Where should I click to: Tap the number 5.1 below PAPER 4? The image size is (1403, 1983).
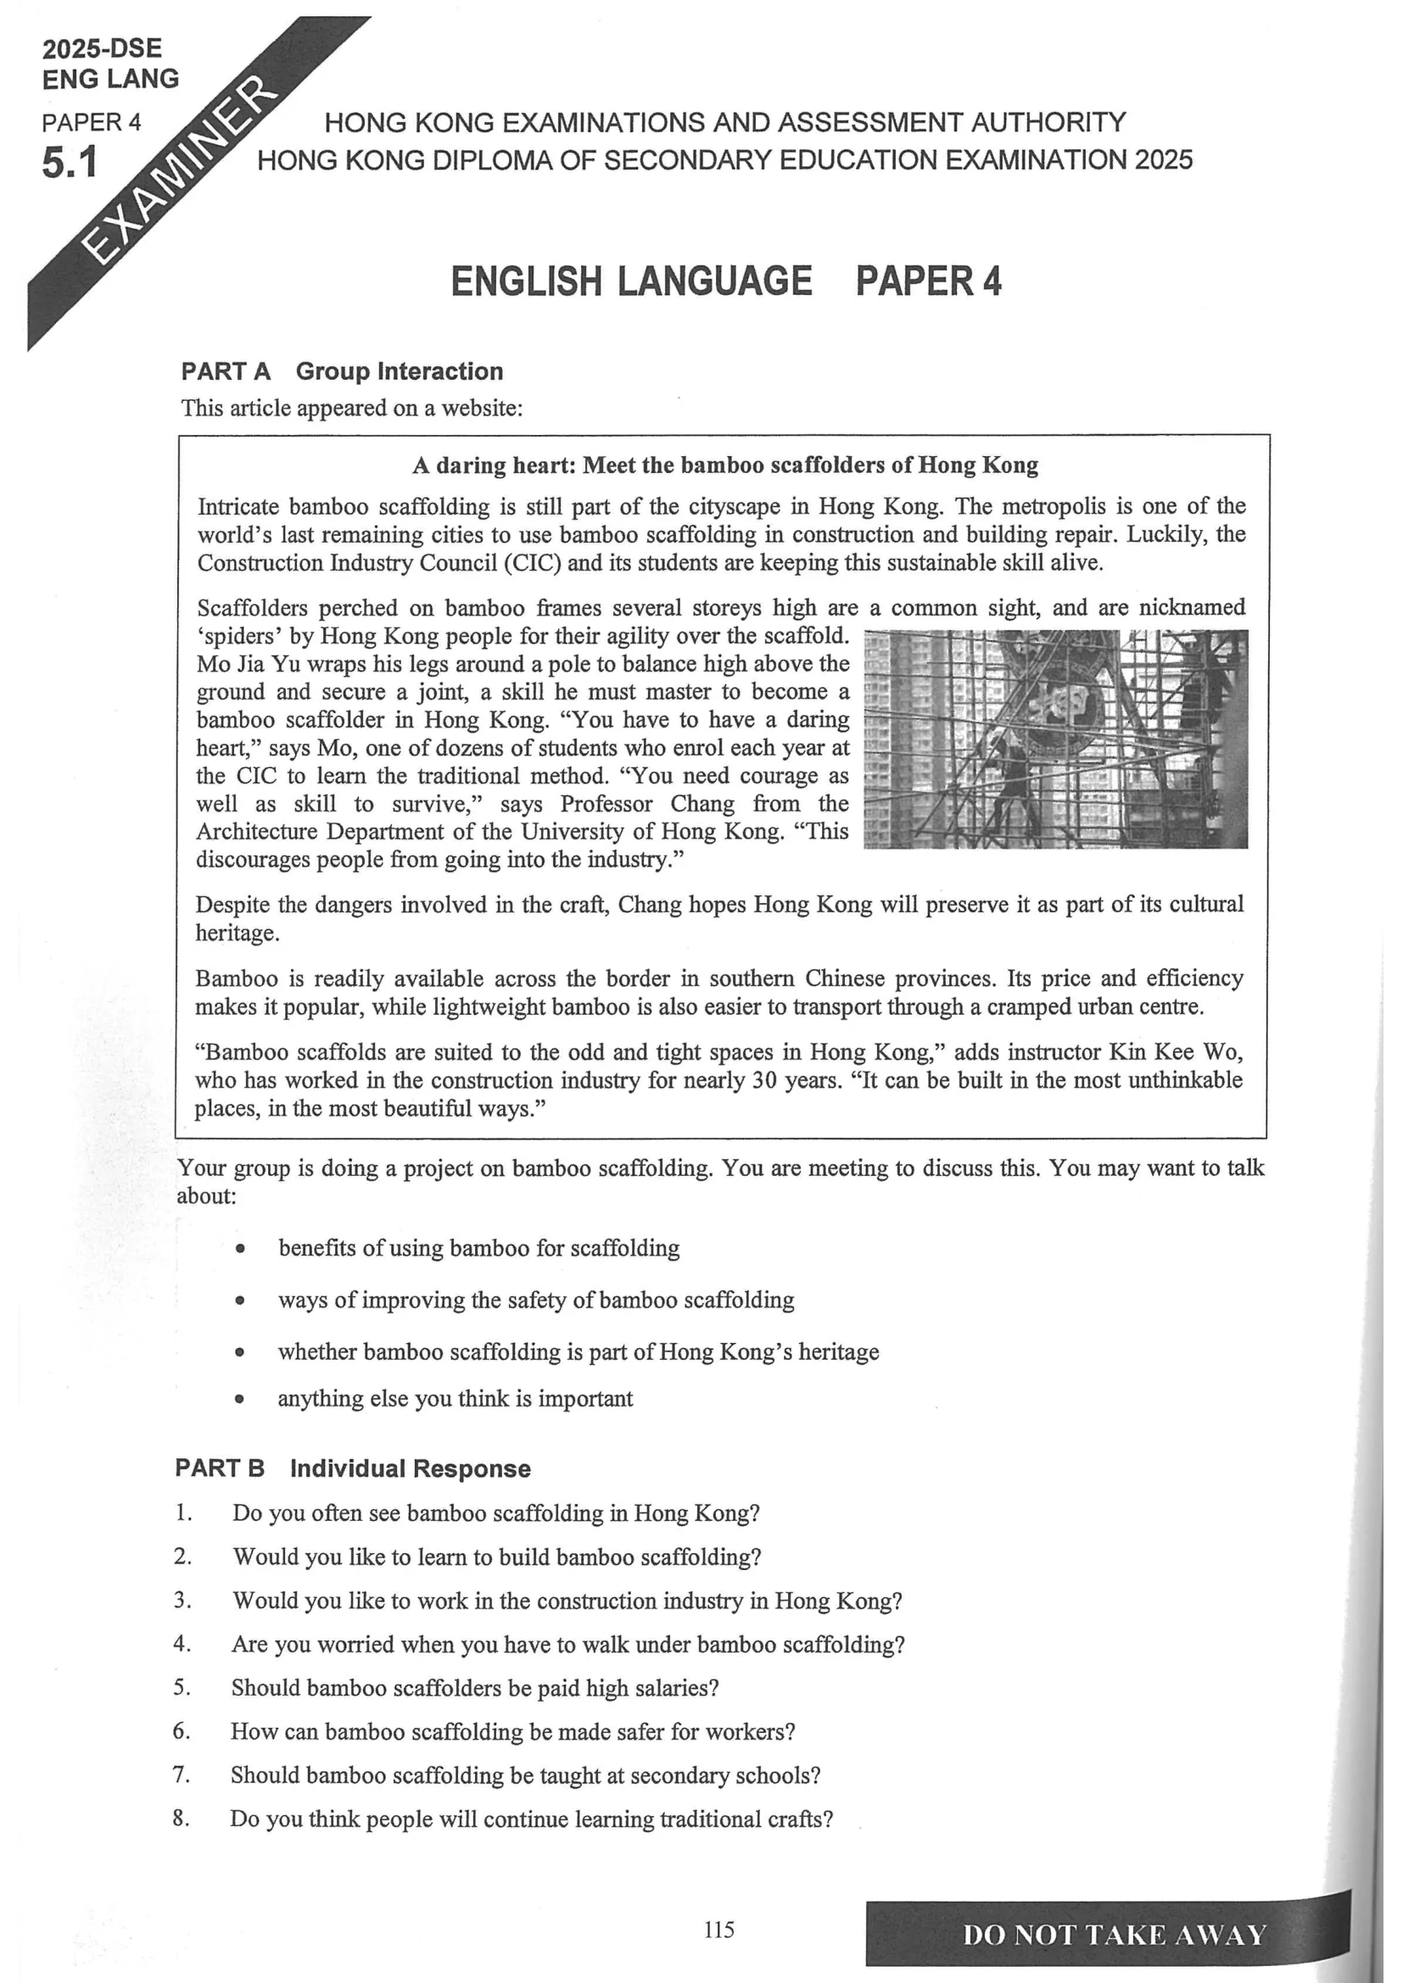[x=70, y=163]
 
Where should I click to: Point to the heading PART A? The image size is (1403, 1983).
[x=226, y=371]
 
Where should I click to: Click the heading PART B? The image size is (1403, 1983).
[x=220, y=1468]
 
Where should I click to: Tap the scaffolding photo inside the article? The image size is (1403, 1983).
[x=1056, y=738]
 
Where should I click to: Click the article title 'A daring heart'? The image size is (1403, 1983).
[x=493, y=465]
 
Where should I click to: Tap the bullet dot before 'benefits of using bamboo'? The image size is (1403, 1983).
[x=240, y=1249]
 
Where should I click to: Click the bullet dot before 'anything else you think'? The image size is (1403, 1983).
[x=239, y=1399]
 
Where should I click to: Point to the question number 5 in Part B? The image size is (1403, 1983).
[x=182, y=1687]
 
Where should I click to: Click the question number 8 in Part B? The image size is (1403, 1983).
[x=180, y=1818]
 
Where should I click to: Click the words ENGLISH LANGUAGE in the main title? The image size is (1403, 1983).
[x=630, y=281]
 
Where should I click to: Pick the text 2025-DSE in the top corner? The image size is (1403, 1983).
[x=102, y=48]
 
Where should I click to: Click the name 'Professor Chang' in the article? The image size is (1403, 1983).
[x=647, y=804]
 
